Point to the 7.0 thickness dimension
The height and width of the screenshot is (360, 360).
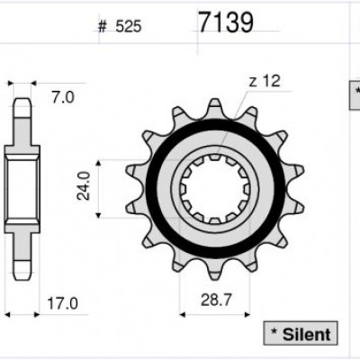62,96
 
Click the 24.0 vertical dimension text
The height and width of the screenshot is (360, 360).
83,187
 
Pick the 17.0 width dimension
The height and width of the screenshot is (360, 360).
59,304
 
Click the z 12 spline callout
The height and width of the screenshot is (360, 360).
263,81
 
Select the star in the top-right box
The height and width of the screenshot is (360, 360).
355,93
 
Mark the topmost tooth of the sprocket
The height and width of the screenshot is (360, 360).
213,105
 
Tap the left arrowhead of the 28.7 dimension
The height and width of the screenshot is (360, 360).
183,315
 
